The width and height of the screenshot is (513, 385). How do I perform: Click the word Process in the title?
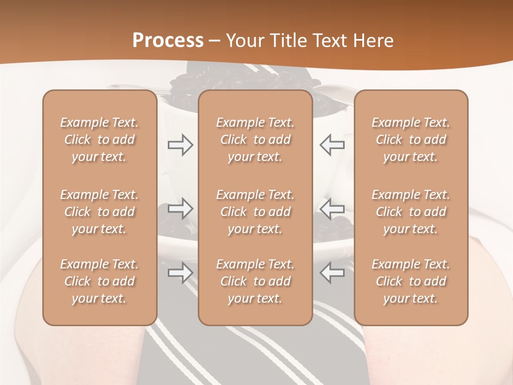[x=168, y=41]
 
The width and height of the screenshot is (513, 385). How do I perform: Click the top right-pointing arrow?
[x=180, y=145]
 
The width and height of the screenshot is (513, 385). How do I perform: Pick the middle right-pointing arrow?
[x=180, y=209]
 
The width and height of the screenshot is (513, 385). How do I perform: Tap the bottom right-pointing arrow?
[x=180, y=273]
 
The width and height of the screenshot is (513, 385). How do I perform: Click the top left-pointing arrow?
[x=332, y=145]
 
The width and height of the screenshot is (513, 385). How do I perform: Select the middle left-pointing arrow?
[x=332, y=209]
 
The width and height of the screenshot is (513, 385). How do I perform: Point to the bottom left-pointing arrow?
[x=332, y=273]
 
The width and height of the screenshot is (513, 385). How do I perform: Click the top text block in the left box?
[x=99, y=140]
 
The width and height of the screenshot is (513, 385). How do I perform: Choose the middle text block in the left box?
[x=99, y=212]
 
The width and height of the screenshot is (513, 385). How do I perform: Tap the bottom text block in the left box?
[x=99, y=281]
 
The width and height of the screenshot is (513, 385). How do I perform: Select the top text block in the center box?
[x=255, y=140]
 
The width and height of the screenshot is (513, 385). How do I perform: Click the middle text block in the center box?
[x=255, y=212]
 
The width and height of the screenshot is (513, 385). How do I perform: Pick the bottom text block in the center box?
[x=255, y=281]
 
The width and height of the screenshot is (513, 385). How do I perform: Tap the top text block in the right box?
[x=411, y=140]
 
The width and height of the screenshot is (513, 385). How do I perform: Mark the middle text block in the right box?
[x=411, y=212]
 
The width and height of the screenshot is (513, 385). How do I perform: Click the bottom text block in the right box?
[x=411, y=281]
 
